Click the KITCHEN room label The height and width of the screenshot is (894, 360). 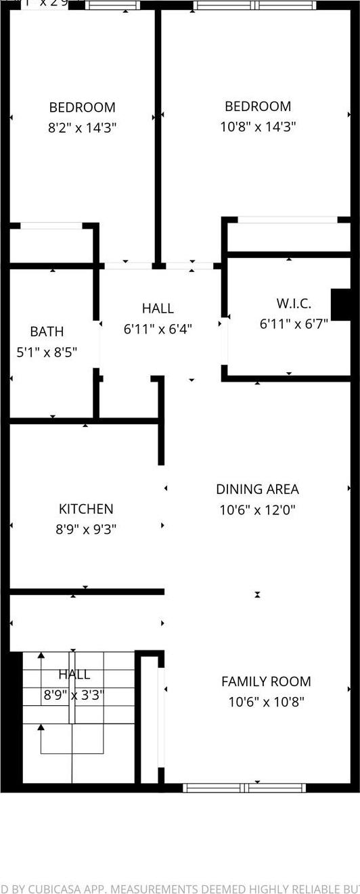point(86,509)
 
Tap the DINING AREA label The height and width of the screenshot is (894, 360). point(257,489)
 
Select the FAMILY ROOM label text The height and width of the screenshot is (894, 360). point(266,681)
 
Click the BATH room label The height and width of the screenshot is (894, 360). point(47,332)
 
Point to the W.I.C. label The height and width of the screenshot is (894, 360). point(294,304)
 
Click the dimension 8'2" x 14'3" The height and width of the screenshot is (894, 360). point(82,127)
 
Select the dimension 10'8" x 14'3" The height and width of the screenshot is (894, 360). point(258,127)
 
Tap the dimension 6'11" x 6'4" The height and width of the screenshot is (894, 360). point(158,329)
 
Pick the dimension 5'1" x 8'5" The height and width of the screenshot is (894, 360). point(47,352)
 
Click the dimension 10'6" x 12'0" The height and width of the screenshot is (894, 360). point(257,510)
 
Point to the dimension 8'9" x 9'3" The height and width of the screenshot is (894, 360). point(86,529)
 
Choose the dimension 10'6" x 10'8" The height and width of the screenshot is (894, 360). point(266,702)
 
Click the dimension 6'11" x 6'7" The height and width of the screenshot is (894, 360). point(294,324)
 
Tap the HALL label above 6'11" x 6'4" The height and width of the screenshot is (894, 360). point(158,309)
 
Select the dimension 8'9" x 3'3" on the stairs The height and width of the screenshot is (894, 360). point(73,695)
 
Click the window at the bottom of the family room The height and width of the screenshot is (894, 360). point(244,788)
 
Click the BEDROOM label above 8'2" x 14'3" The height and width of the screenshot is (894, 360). point(82,107)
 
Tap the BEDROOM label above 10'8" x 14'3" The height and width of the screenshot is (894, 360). point(258,106)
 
